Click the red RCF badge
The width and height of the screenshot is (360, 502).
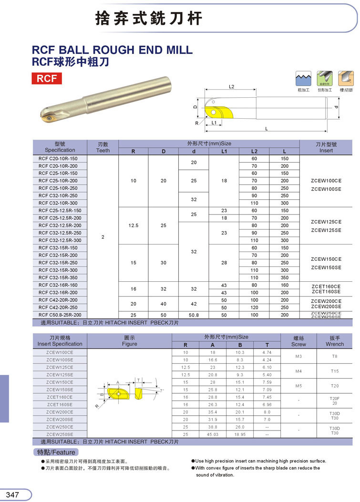click(46, 79)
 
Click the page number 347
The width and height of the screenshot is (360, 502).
click(12, 494)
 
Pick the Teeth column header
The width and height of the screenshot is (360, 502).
click(103, 147)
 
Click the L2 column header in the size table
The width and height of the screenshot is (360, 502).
click(254, 151)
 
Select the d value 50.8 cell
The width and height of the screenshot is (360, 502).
click(194, 315)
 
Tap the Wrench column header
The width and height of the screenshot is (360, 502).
click(335, 340)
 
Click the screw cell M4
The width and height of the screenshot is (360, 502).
click(298, 371)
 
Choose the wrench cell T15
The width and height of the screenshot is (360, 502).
click(335, 371)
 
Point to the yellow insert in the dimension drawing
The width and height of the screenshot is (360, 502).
click(216, 112)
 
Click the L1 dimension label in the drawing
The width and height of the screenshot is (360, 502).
click(214, 123)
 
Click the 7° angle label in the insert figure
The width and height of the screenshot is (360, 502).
click(162, 390)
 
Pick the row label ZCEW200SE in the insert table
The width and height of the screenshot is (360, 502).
click(60, 420)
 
